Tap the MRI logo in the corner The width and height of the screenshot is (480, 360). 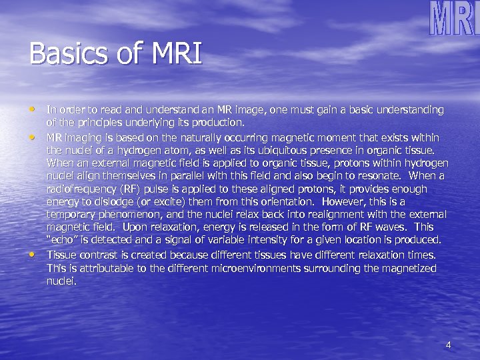coord(453,19)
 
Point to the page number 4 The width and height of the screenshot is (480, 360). coord(448,345)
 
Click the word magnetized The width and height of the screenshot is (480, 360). coord(409,268)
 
